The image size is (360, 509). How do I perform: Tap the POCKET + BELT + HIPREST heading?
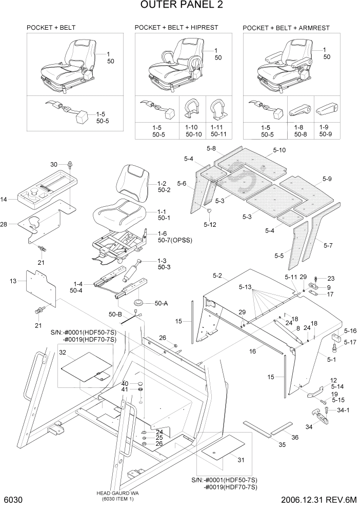click(176, 27)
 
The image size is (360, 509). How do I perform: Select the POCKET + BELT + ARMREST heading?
click(286, 27)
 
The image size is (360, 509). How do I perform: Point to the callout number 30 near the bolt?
click(54, 164)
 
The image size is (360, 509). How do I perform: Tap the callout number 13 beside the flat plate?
click(13, 281)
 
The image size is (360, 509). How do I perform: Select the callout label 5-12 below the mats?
click(210, 224)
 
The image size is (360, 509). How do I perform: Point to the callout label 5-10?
click(279, 150)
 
